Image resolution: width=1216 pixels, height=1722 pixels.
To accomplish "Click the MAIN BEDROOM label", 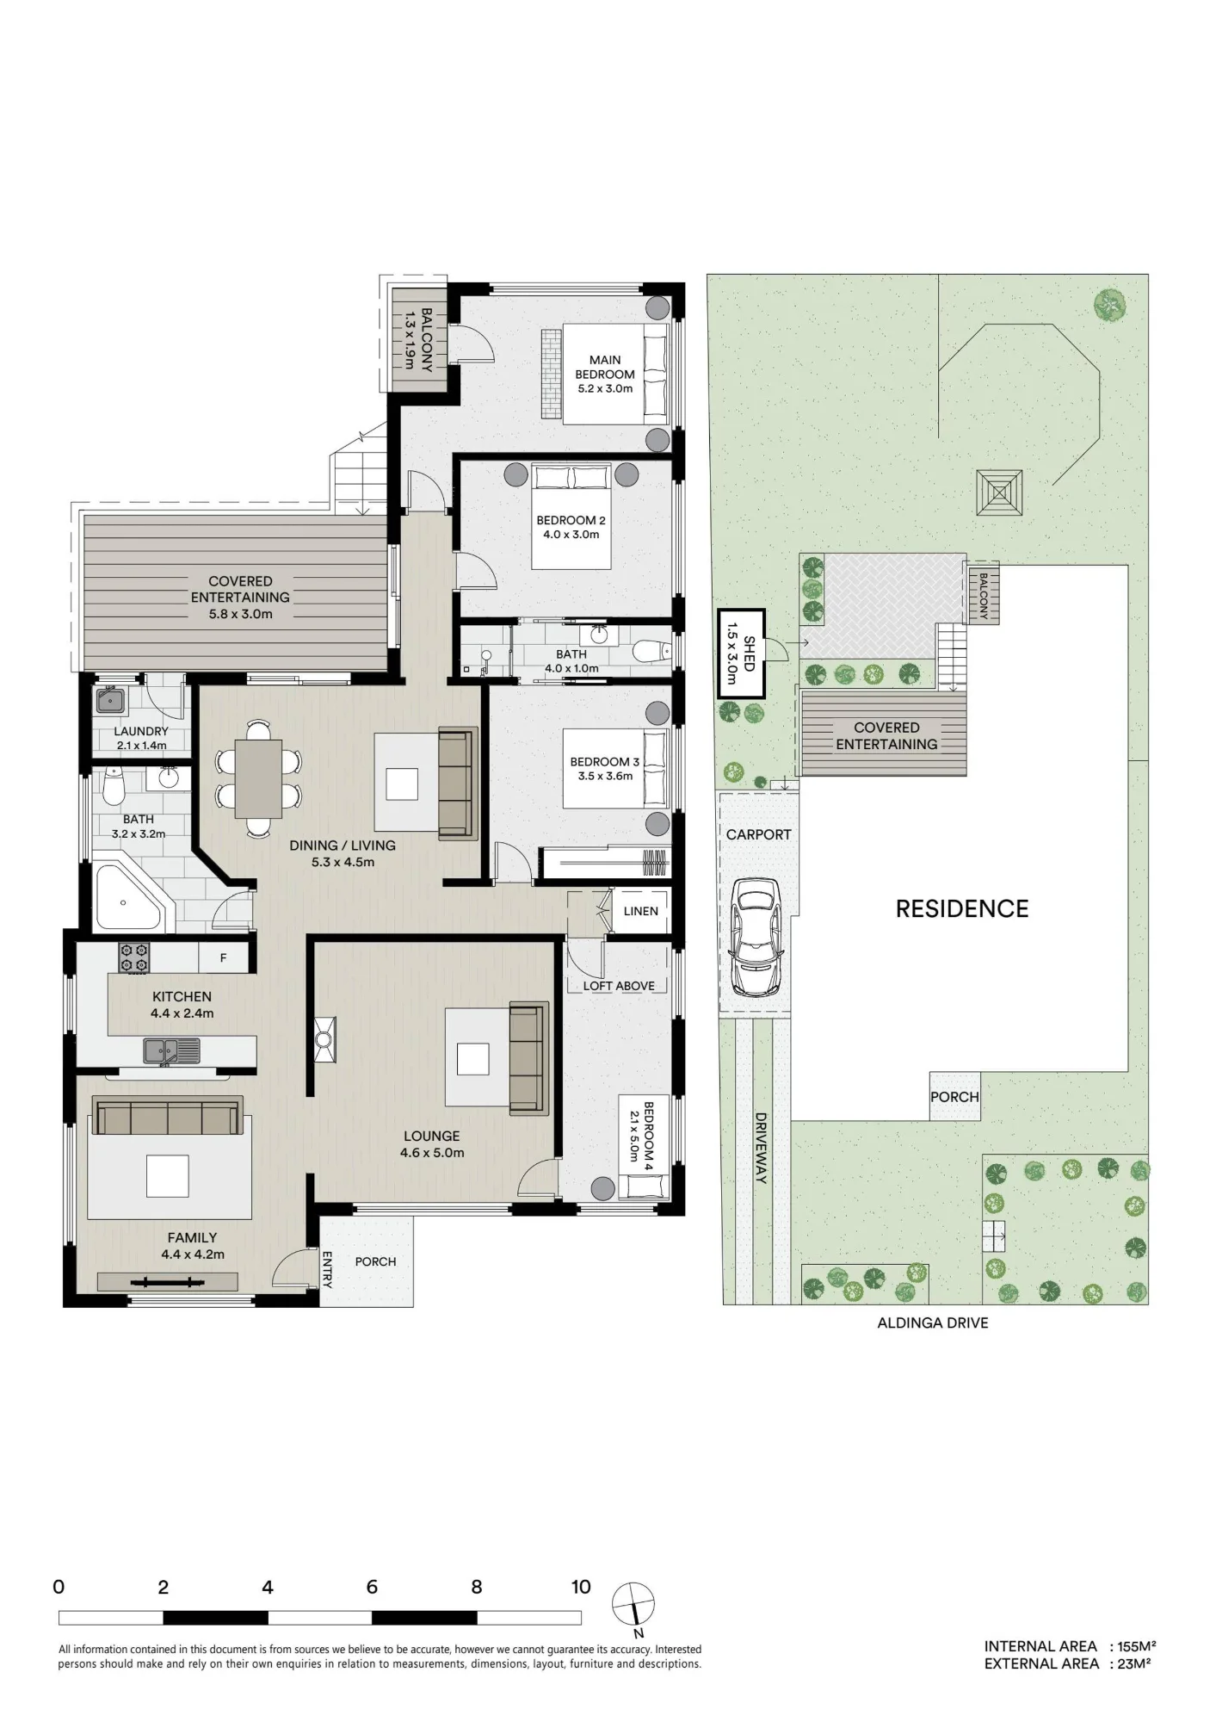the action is [x=605, y=367].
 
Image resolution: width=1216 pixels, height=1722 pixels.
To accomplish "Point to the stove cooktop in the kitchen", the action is [x=133, y=957].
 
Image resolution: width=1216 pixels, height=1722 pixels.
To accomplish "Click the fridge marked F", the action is [x=223, y=957].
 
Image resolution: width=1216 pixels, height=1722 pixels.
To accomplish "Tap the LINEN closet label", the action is [x=640, y=911].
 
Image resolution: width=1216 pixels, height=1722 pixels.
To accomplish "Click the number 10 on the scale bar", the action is [x=581, y=1587].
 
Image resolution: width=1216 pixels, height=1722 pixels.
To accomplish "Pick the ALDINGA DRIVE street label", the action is [x=933, y=1322].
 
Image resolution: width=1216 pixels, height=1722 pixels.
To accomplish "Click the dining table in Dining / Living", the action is [x=258, y=778].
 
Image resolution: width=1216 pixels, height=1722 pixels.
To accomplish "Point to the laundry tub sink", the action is [x=110, y=701].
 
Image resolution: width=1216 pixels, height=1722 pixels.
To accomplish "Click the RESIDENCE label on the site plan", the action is [x=962, y=908].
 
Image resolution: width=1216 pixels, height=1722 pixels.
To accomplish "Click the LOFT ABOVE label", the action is [x=619, y=986].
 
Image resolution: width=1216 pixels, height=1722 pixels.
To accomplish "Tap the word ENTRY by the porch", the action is [x=327, y=1269].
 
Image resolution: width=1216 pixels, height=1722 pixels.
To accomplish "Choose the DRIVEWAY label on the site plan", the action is [x=761, y=1148].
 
